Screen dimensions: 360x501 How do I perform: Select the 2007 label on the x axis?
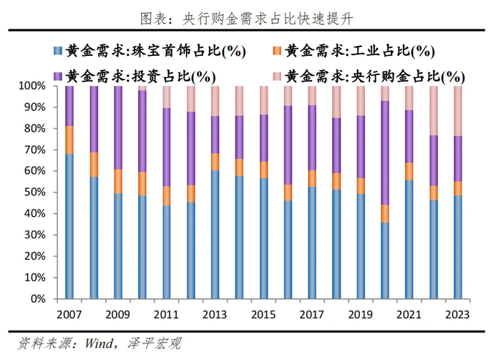[69, 314]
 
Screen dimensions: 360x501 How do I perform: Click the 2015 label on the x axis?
[264, 314]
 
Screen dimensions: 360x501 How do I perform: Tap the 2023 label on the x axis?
[458, 314]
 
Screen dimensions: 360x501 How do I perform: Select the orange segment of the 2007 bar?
[69, 140]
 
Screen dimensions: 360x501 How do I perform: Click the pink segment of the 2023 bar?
[458, 110]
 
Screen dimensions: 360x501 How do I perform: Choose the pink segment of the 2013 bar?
[215, 101]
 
